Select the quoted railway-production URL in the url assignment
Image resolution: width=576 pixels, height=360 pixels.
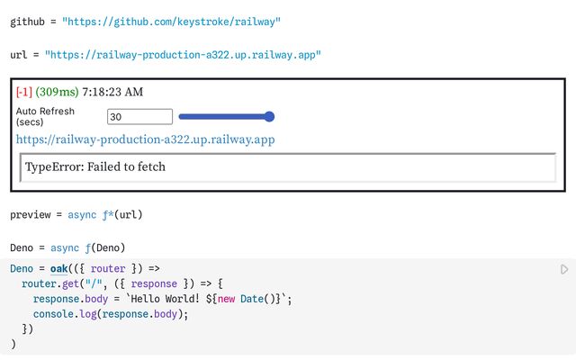(x=183, y=55)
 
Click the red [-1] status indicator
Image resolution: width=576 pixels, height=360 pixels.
(x=24, y=92)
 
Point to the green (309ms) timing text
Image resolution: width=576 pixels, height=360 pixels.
(x=56, y=92)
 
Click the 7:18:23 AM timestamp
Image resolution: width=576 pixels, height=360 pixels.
(x=112, y=92)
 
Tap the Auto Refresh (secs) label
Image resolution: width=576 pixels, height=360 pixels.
(x=46, y=116)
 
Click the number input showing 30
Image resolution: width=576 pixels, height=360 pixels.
(x=139, y=116)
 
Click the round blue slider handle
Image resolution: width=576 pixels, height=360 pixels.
(x=269, y=116)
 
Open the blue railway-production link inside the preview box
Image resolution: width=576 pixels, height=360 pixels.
(x=146, y=139)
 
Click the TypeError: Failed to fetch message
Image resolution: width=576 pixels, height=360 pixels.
(x=95, y=166)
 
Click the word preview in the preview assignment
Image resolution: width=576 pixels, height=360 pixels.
(x=32, y=215)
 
